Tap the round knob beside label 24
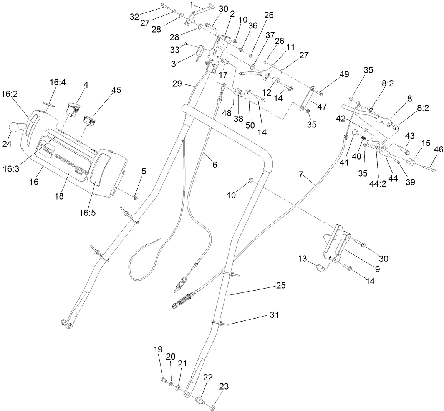[16, 127]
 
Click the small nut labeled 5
[135, 198]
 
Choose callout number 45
[116, 90]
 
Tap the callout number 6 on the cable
[214, 165]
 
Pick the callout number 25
[281, 286]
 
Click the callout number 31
[273, 315]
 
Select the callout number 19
[158, 349]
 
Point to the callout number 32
[134, 17]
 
